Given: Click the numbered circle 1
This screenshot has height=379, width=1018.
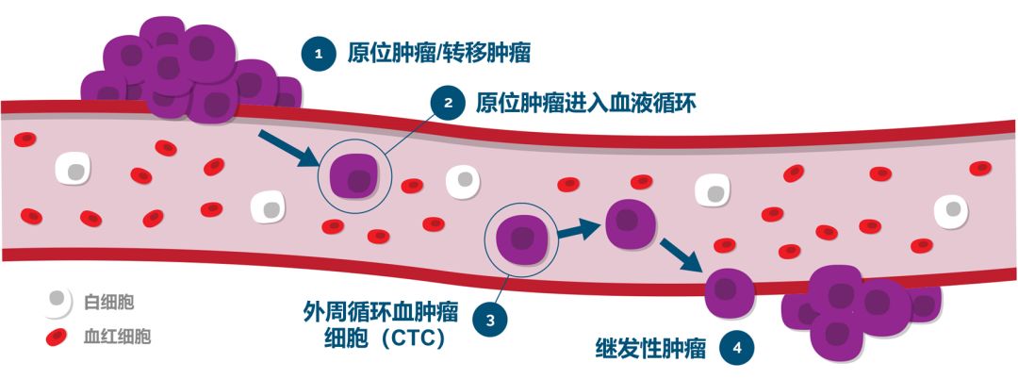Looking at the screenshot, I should pos(318,54).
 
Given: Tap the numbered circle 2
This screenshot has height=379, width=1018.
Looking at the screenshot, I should pos(448,102).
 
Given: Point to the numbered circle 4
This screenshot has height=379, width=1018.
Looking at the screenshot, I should pos(736,349).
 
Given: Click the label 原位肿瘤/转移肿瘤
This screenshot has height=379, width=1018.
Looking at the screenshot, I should pos(437,54).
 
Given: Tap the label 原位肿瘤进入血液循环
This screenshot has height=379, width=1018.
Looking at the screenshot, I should pos(585,102).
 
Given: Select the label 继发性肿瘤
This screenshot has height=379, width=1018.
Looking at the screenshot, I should pos(650,349).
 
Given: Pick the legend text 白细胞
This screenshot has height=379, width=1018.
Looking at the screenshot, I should pos(109,303).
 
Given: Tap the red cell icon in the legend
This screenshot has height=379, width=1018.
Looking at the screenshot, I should pos(57,336).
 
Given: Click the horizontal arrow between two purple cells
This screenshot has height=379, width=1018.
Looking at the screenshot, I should pos(576,228).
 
